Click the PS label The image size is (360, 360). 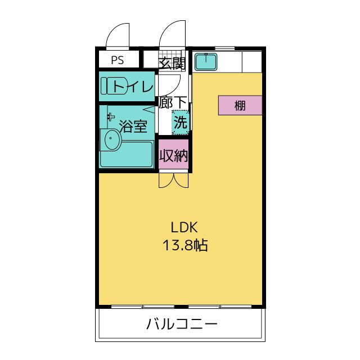pyautogui.click(x=118, y=60)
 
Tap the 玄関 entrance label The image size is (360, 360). pyautogui.click(x=171, y=62)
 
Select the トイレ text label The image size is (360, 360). pyautogui.click(x=133, y=87)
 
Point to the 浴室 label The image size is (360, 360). pyautogui.click(x=133, y=126)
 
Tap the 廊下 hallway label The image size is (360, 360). pyautogui.click(x=173, y=102)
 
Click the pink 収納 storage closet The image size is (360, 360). pyautogui.click(x=173, y=156)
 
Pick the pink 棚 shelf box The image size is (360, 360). pyautogui.click(x=240, y=105)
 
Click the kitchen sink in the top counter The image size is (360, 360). pyautogui.click(x=206, y=61)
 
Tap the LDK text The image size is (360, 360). pyautogui.click(x=184, y=227)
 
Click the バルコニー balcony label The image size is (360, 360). pyautogui.click(x=181, y=325)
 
